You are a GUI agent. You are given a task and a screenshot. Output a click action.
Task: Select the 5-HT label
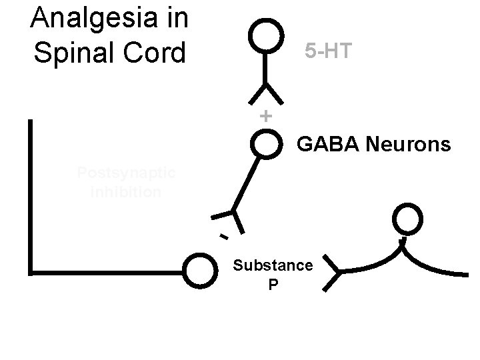tap(327, 51)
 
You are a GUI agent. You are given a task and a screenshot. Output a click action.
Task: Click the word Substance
tap(273, 265)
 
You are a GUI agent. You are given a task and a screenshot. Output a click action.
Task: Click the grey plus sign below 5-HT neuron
tap(265, 115)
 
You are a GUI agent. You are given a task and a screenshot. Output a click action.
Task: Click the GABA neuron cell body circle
tap(266, 144)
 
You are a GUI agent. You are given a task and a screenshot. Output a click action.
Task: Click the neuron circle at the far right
tap(407, 219)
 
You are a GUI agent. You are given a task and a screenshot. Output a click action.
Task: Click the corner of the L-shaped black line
tap(31, 271)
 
